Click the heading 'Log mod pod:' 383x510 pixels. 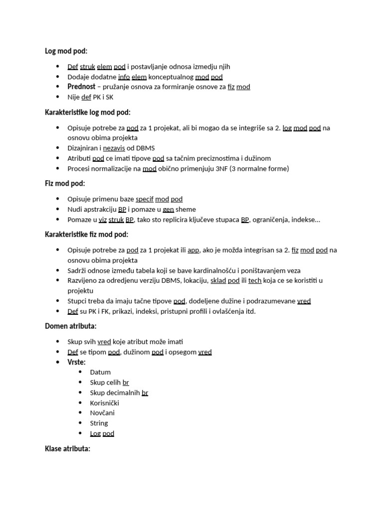(x=66, y=51)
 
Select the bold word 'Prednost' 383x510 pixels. (x=81, y=87)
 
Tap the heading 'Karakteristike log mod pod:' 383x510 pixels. (x=87, y=112)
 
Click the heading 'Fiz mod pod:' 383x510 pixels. (x=65, y=183)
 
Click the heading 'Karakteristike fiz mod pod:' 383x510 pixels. (x=86, y=234)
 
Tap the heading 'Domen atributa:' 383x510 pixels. (x=70, y=326)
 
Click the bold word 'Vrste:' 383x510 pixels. (x=76, y=362)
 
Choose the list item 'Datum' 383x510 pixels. (x=100, y=372)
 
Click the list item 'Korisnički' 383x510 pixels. (x=104, y=402)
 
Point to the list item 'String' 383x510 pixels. (x=99, y=423)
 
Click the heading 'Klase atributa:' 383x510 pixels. (x=67, y=449)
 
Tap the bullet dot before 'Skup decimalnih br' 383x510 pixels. (x=81, y=392)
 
